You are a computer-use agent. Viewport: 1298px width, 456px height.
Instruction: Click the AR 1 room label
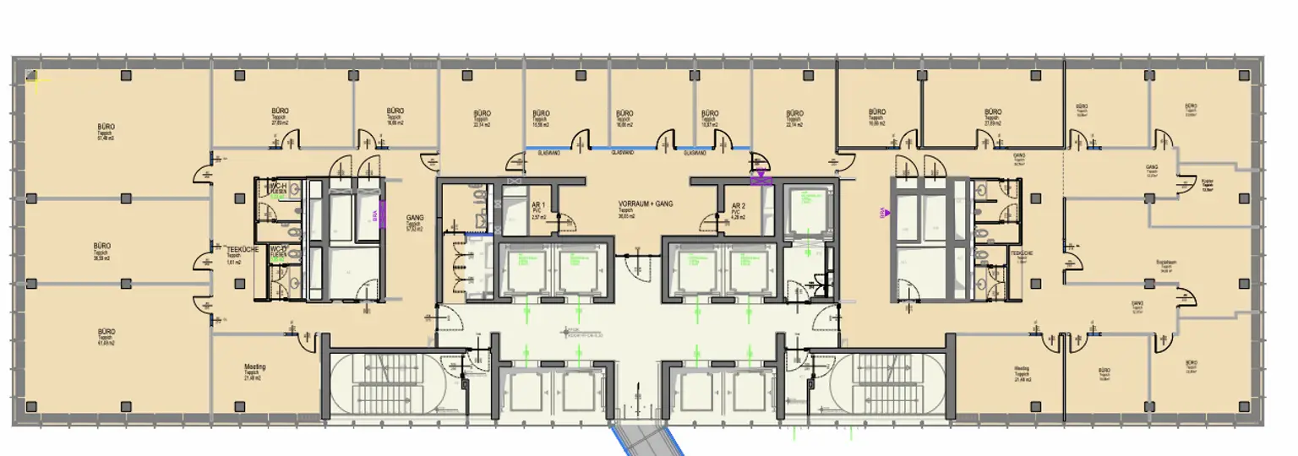[538, 204]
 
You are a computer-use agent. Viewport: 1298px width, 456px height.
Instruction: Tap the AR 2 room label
[738, 204]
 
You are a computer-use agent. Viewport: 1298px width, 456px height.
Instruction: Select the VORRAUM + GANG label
[646, 204]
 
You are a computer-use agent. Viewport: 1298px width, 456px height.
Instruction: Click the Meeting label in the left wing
[254, 367]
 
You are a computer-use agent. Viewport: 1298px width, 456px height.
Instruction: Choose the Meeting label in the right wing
[1023, 369]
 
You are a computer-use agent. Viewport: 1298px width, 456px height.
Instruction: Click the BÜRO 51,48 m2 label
[106, 127]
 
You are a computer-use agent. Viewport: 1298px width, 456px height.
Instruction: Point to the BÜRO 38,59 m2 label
[101, 247]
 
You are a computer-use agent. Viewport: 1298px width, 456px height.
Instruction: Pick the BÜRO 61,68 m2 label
[106, 332]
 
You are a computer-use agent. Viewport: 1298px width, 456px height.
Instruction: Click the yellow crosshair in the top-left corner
[36, 80]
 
